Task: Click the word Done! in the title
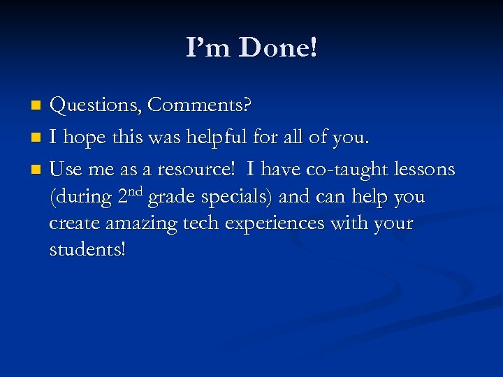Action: [x=277, y=47]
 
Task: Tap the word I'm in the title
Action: [x=209, y=47]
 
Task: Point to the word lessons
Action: [x=426, y=170]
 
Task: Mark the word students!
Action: [x=88, y=249]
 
